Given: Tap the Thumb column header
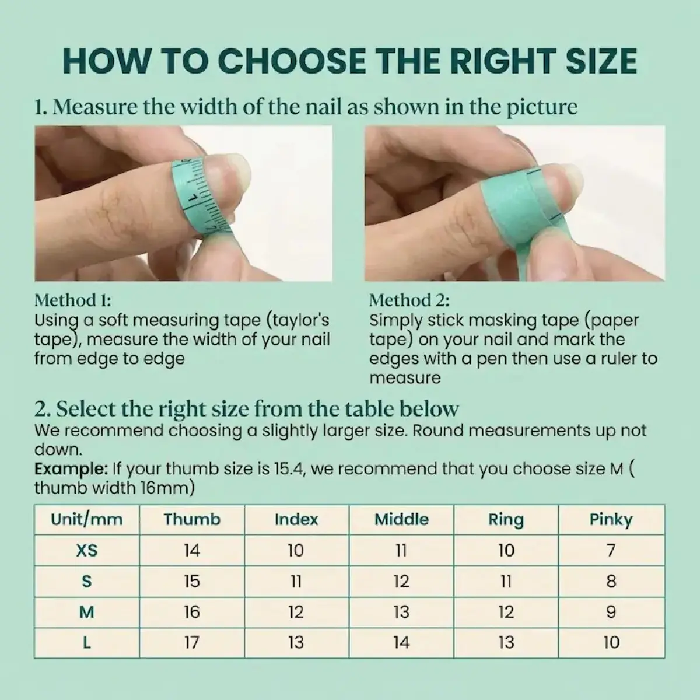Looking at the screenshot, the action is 192,519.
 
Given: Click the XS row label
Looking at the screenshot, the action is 87,550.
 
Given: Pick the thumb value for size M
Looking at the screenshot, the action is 192,612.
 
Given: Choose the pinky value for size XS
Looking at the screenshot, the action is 611,550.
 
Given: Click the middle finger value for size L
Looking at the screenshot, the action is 401,643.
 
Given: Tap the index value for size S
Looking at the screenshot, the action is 296,581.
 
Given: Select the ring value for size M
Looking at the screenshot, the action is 506,612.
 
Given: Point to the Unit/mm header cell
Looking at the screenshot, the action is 87,520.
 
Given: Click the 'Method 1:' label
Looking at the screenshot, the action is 73,300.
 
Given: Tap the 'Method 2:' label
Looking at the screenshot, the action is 409,300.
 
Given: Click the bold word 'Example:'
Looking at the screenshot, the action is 71,470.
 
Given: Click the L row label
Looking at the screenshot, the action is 87,643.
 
